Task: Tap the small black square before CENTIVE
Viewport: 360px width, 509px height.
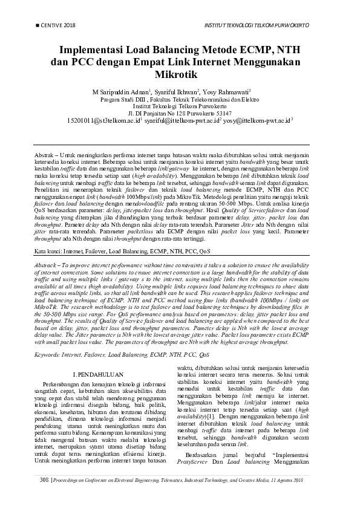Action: coord(39,25)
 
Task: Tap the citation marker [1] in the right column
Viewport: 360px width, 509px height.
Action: coord(210,417)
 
